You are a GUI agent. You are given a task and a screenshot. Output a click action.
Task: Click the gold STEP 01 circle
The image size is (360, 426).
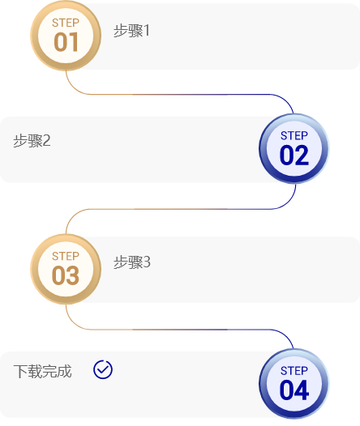[x=66, y=36]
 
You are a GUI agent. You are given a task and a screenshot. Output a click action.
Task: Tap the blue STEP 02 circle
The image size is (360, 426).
[x=294, y=148]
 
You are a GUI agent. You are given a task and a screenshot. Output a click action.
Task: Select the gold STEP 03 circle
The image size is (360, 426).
[x=66, y=269]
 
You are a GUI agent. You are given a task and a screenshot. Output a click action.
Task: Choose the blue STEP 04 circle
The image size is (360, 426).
[x=294, y=384]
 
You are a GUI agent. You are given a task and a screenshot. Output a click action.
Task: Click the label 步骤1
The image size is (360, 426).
[x=131, y=31]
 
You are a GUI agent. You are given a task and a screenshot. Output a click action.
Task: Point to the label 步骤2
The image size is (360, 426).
[x=32, y=141]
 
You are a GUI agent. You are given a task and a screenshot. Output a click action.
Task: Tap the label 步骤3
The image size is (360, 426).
[x=132, y=262]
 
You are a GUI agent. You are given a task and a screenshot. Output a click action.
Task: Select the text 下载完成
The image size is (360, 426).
[x=43, y=371]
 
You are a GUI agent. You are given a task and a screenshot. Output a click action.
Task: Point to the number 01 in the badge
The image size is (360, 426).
[x=66, y=42]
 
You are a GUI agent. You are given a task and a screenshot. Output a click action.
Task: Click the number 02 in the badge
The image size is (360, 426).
[x=294, y=155]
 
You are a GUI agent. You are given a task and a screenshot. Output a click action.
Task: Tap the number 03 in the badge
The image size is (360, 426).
[x=66, y=275]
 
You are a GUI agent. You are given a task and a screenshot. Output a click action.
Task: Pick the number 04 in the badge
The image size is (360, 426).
[x=294, y=390]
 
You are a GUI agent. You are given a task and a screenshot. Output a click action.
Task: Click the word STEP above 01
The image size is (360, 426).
[x=66, y=23]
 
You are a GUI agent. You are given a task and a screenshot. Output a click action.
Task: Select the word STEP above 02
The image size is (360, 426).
[x=294, y=135]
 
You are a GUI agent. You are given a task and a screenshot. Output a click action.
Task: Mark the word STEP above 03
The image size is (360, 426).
[x=66, y=256]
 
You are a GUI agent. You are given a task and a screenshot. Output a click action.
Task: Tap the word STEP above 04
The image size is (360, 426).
[x=294, y=371]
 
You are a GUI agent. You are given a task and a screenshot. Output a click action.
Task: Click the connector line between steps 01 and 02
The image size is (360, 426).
[x=179, y=95]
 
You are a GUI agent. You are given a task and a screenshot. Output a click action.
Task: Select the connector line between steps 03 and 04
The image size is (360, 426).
[x=179, y=330]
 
